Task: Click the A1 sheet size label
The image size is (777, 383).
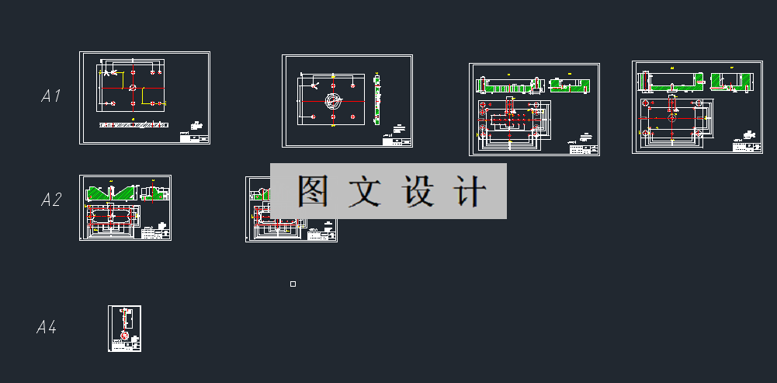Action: pyautogui.click(x=51, y=96)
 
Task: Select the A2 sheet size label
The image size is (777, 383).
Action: pyautogui.click(x=51, y=200)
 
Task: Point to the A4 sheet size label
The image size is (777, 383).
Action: pyautogui.click(x=47, y=328)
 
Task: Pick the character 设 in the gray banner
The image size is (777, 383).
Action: pyautogui.click(x=419, y=191)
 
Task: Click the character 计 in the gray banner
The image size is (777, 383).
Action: pyautogui.click(x=471, y=191)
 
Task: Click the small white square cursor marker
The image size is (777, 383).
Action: pyautogui.click(x=293, y=284)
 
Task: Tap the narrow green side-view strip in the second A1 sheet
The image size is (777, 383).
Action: pyautogui.click(x=376, y=99)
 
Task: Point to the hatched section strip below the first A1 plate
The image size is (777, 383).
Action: pyautogui.click(x=132, y=124)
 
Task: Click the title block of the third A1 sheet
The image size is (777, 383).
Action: pyautogui.click(x=584, y=147)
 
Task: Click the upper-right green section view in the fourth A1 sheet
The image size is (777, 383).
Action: pyautogui.click(x=733, y=81)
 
